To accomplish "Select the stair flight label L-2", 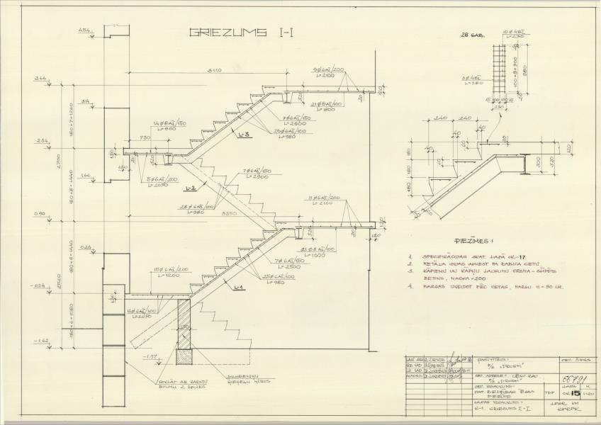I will click(189, 189).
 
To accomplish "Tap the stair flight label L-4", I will click(238, 286).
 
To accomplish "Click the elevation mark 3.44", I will click(40, 79).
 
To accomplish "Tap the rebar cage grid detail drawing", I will click(502, 71).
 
